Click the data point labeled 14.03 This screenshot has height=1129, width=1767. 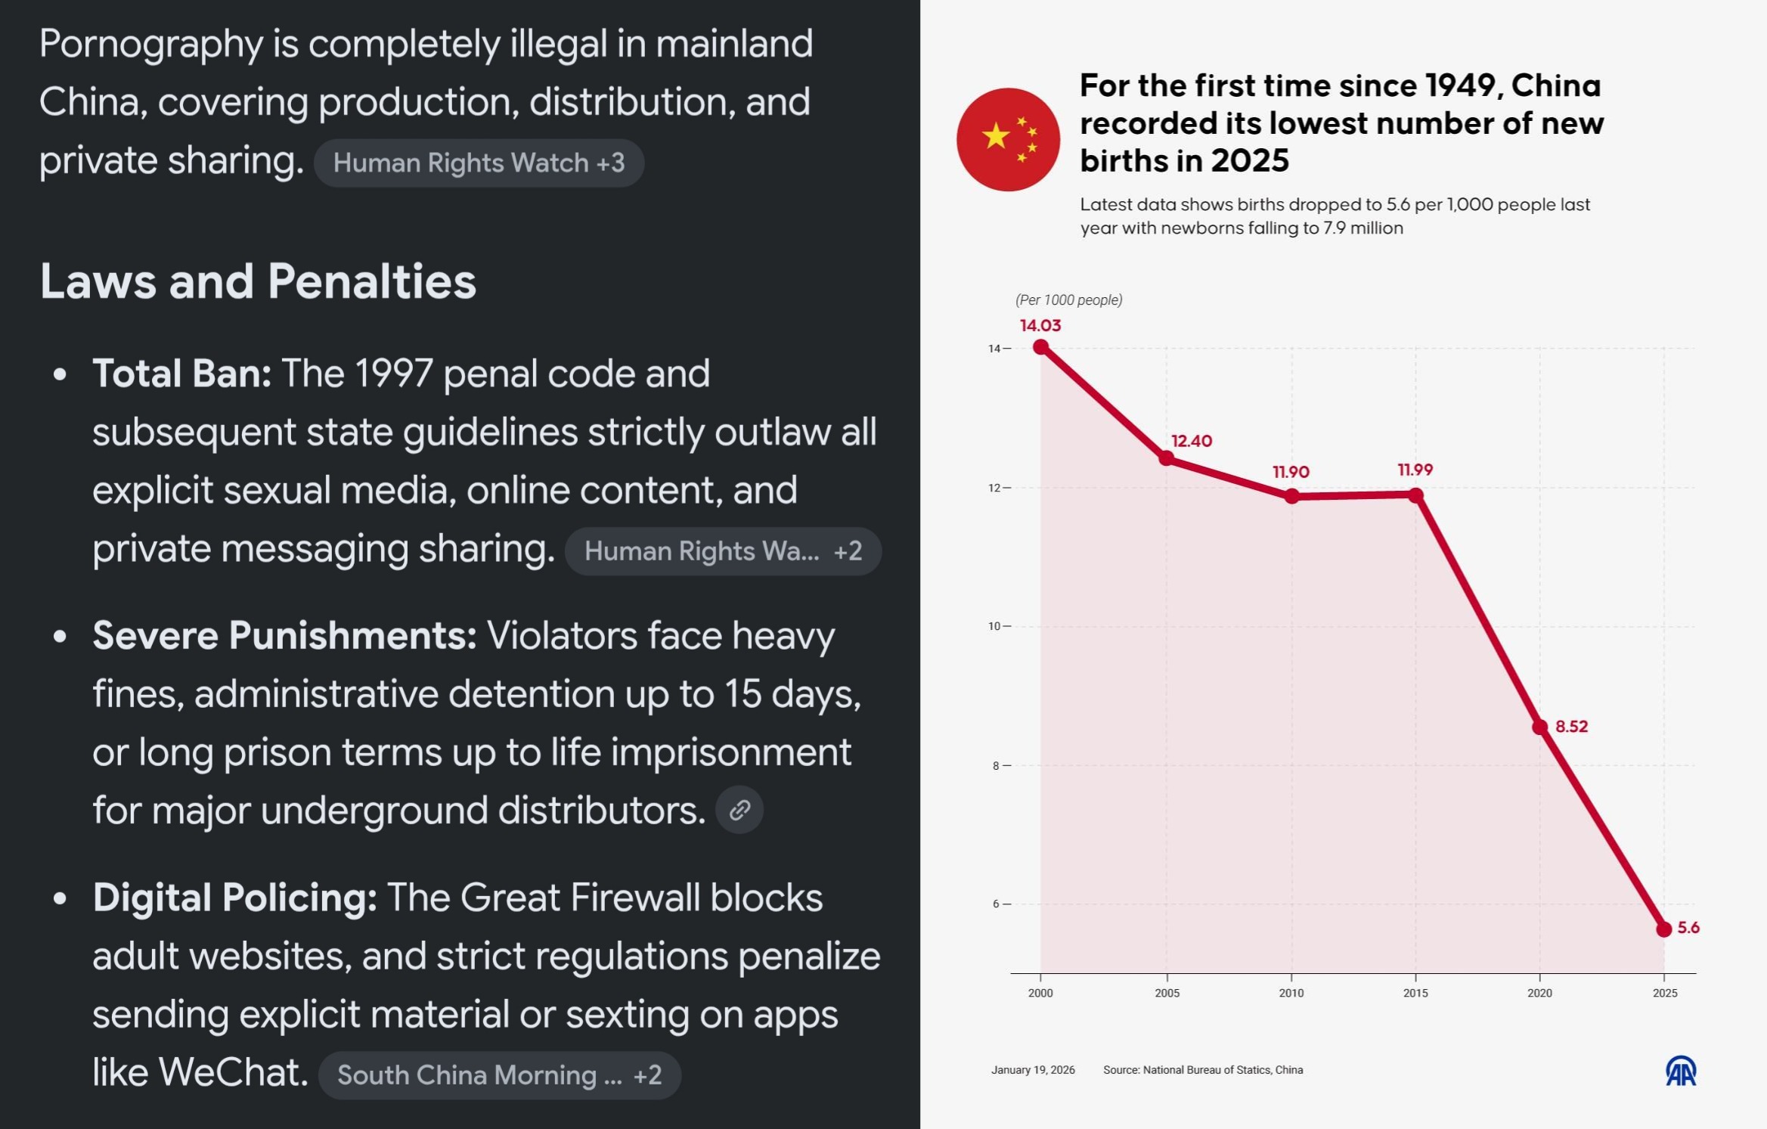point(1040,347)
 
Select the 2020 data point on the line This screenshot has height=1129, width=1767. point(1539,727)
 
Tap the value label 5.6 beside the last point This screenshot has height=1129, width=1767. point(1688,927)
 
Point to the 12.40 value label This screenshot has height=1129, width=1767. point(1192,441)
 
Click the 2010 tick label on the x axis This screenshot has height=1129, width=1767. point(1291,993)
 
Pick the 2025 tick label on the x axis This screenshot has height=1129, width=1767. point(1664,993)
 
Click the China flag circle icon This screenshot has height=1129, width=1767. point(1008,139)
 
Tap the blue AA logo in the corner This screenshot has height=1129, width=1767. point(1681,1071)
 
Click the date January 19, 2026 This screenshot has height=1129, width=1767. point(1033,1070)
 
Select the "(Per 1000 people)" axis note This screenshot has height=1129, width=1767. point(1068,300)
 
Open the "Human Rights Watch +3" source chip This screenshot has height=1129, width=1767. point(479,163)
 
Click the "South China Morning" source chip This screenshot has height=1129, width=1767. point(499,1075)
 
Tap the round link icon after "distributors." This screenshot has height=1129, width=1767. point(739,810)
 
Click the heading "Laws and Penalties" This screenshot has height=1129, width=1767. point(258,281)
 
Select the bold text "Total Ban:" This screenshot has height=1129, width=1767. point(181,374)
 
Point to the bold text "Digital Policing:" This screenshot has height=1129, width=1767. point(234,898)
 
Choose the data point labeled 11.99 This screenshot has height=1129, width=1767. point(1415,495)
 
